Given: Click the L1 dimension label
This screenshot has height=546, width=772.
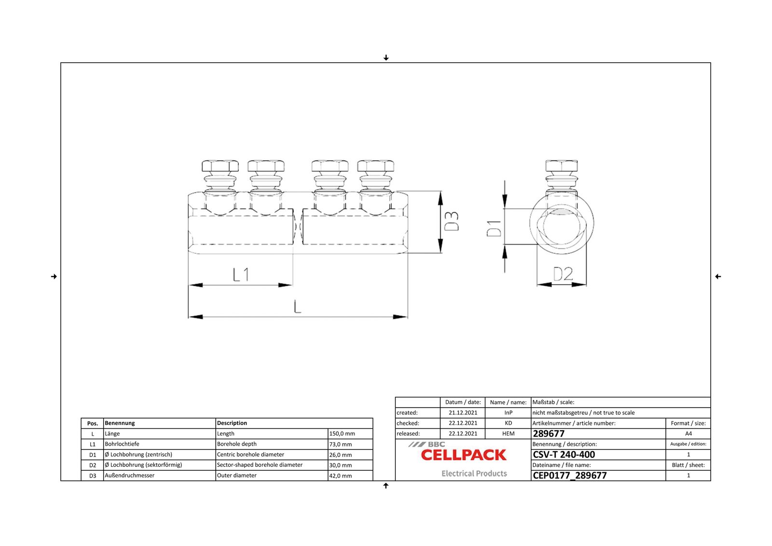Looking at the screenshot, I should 241,275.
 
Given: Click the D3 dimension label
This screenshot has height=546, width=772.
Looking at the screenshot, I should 452,221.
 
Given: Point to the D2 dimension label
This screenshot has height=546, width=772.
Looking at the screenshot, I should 563,274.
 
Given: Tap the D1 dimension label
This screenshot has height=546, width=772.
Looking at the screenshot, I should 494,228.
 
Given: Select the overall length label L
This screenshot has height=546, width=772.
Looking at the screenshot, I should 297,306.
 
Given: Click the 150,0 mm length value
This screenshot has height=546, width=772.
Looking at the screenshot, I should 342,434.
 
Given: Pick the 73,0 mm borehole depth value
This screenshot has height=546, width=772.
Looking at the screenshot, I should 341,444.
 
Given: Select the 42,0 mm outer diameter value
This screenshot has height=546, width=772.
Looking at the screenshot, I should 341,476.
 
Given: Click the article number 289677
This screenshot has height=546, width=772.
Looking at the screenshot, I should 549,434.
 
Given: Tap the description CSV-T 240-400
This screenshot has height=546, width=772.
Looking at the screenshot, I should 564,454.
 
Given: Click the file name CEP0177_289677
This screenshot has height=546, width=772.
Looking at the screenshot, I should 569,476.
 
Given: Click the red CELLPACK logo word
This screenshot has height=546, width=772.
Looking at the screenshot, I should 463,455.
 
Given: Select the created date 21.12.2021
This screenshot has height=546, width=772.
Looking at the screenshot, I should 463,413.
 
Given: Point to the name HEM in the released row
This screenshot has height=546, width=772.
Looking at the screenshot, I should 508,434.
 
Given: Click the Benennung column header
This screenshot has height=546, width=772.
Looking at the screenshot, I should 120,423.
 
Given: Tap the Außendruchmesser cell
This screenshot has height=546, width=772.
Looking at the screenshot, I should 130,476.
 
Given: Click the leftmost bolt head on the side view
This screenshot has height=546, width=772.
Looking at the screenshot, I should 220,166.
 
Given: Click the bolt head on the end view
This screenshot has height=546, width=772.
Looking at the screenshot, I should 562,166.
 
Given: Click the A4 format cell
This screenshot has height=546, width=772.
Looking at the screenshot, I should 688,434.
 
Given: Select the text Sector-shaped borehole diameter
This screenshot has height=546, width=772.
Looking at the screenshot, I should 260,465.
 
